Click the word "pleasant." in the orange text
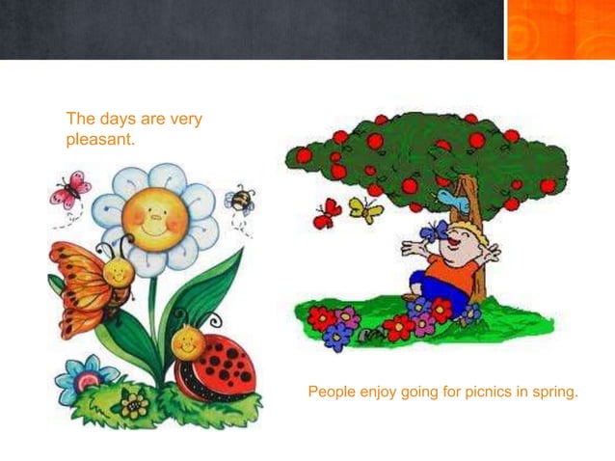tap(100, 139)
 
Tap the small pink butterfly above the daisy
tap(70, 188)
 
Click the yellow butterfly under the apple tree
tap(364, 208)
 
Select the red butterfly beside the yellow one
tap(328, 213)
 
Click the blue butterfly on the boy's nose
tap(438, 231)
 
